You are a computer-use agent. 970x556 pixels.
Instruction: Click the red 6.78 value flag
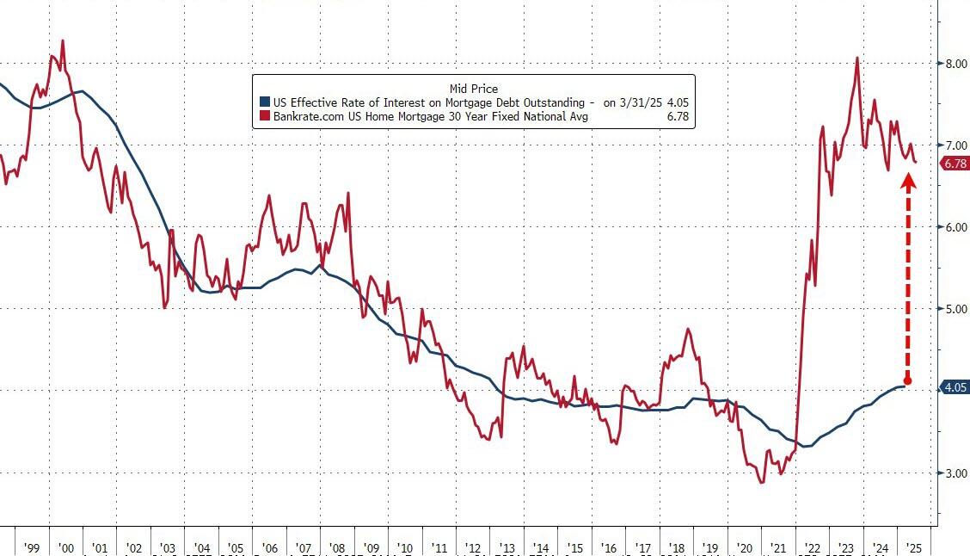click(x=955, y=164)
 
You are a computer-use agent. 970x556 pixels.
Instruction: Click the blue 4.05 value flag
click(x=955, y=388)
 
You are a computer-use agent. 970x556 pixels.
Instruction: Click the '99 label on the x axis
click(x=34, y=547)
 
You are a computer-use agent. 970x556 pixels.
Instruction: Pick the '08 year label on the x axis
click(x=336, y=547)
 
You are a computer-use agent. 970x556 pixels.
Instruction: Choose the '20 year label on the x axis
click(x=744, y=547)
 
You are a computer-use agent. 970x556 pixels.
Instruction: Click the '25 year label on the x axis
click(x=913, y=547)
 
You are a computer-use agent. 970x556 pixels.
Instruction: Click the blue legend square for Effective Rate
click(x=265, y=102)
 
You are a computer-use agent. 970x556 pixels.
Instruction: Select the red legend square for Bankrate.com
click(x=265, y=116)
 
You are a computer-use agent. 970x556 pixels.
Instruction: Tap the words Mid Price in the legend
click(x=474, y=89)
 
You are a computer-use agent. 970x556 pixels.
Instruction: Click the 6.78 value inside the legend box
click(x=676, y=116)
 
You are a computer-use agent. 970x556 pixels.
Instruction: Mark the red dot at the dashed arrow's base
click(x=908, y=380)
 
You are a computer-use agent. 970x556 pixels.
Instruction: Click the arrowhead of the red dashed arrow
click(x=908, y=180)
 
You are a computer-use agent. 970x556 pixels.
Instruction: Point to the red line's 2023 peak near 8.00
click(x=857, y=59)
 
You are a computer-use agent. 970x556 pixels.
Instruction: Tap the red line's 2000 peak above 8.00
click(x=63, y=40)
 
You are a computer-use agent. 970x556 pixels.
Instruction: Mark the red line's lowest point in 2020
click(x=762, y=482)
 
